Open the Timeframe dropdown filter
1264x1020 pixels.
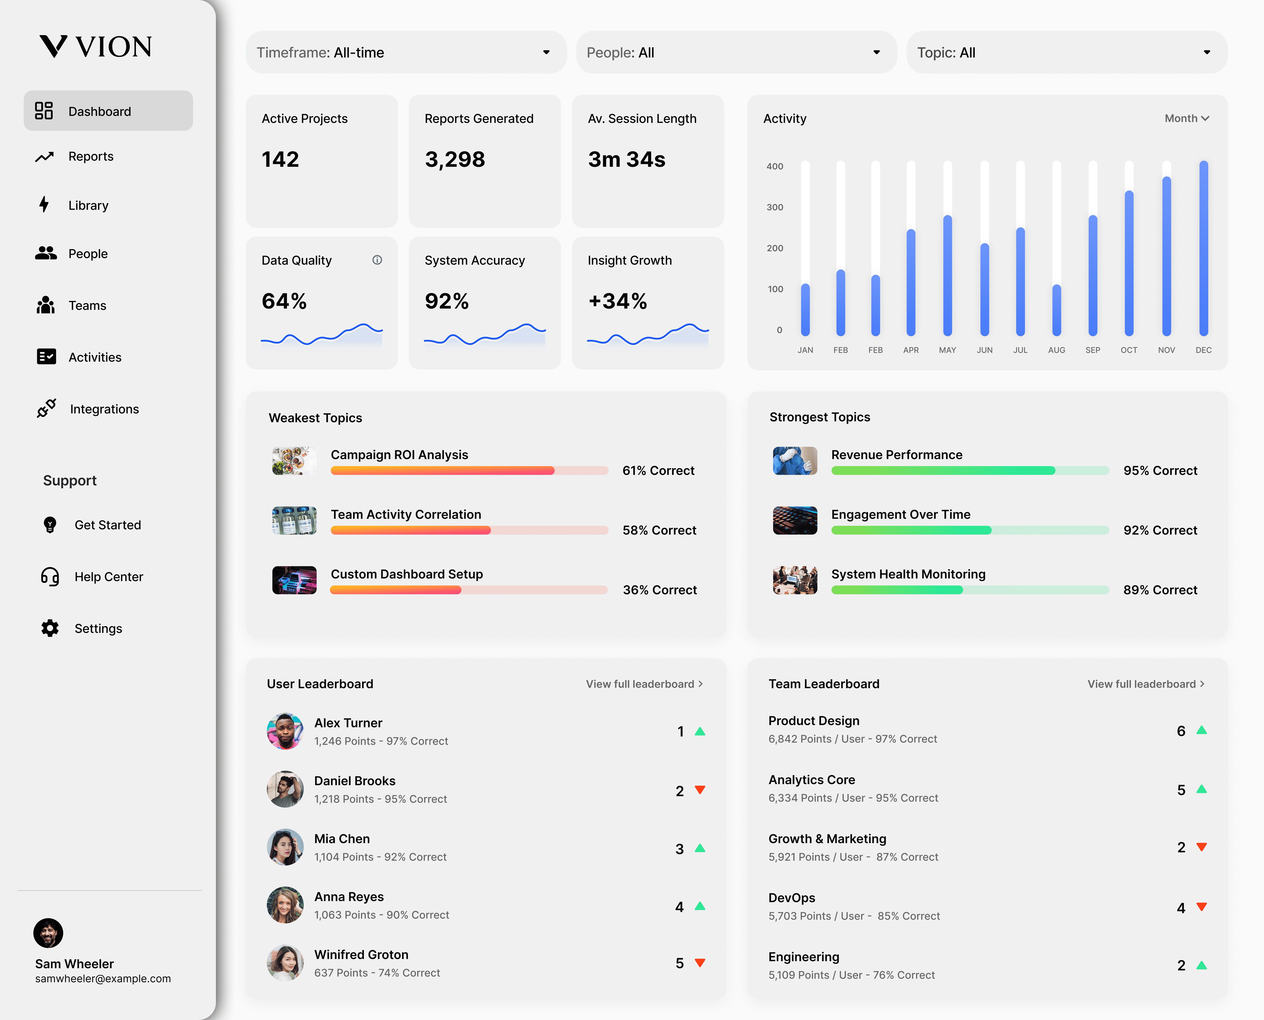[x=406, y=52]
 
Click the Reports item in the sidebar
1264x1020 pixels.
[x=90, y=156]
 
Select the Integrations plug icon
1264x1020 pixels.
[x=47, y=408]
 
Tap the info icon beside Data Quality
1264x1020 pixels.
[x=377, y=260]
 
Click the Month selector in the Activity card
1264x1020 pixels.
[x=1187, y=118]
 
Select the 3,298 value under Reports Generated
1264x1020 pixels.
[x=455, y=159]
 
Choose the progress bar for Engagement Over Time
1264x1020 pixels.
[x=970, y=530]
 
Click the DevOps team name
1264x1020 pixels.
[x=792, y=898]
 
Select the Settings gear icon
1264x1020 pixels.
[x=50, y=628]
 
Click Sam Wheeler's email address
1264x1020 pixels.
[x=103, y=978]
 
